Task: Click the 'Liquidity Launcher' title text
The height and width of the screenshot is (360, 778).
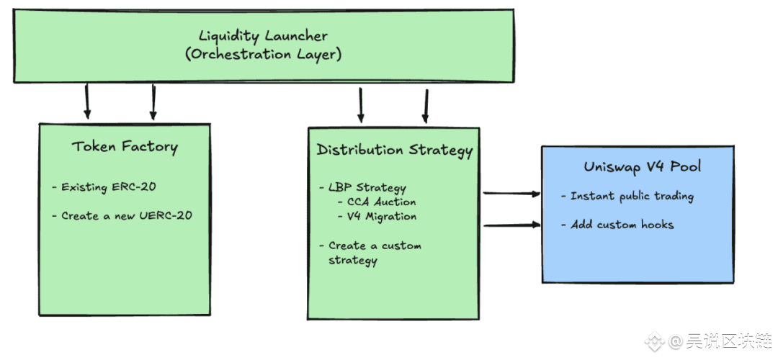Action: tap(263, 36)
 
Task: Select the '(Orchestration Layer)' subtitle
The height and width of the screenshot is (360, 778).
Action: tap(264, 54)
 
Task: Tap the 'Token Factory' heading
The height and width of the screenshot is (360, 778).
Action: tap(125, 148)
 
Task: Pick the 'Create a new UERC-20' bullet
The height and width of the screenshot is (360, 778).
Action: tap(122, 216)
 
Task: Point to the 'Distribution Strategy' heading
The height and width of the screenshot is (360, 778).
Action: tap(395, 150)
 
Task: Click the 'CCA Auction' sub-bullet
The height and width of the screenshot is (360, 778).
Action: tap(377, 202)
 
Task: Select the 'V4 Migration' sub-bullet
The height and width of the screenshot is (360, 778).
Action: tap(377, 217)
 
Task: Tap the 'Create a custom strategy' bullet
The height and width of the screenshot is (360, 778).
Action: tap(371, 253)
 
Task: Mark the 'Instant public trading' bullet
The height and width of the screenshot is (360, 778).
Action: tap(627, 197)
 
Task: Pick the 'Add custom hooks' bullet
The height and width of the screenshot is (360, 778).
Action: tap(617, 225)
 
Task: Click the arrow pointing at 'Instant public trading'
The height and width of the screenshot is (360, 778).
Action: tap(511, 194)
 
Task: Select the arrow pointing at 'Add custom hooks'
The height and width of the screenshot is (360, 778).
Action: tap(511, 225)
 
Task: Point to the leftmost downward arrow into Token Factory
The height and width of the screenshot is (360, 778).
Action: tap(87, 101)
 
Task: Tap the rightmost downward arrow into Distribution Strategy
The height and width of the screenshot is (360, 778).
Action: tap(425, 106)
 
